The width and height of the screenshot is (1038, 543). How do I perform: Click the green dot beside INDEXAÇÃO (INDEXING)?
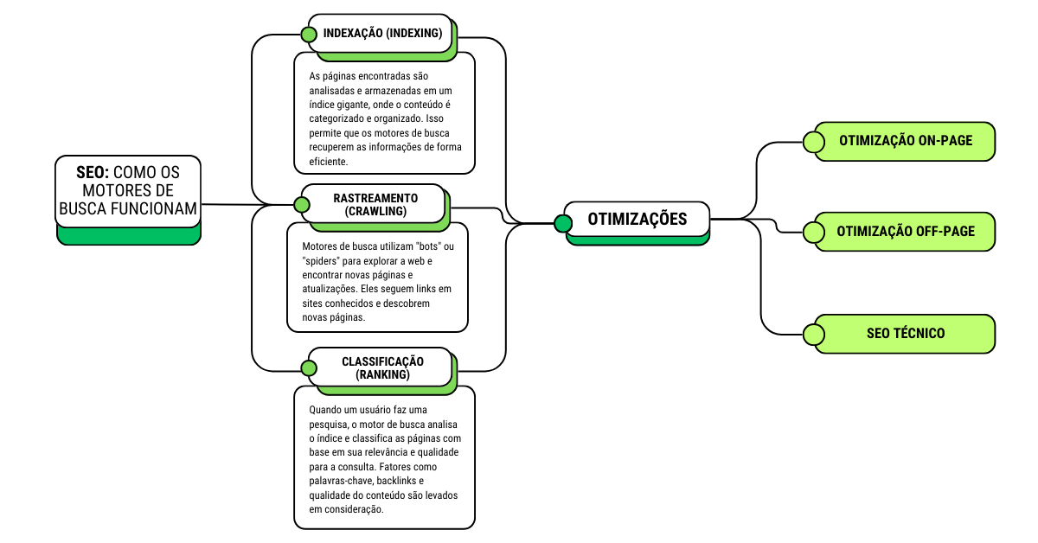coord(309,35)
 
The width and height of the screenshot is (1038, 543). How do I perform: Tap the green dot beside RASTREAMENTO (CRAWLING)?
coord(301,205)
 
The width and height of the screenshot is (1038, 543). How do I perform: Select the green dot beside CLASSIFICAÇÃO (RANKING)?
coord(309,368)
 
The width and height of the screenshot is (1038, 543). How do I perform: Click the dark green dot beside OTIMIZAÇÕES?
coord(563,224)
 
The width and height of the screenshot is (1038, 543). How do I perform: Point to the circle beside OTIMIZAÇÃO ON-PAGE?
coord(813,142)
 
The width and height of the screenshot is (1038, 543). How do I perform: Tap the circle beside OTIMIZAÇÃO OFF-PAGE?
coord(813,232)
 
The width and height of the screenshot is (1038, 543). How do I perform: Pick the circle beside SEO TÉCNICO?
coord(813,334)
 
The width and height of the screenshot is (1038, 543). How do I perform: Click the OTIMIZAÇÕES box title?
coord(638,219)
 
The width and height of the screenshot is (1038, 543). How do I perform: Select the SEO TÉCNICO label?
coord(906,334)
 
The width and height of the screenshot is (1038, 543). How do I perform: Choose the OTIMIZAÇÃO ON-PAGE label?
coord(906,141)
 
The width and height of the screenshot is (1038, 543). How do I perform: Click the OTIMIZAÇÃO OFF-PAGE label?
coord(906,232)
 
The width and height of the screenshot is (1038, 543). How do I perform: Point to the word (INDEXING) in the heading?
coord(412,34)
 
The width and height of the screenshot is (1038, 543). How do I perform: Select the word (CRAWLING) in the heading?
coord(375,211)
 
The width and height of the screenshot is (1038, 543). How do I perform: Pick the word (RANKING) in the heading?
coord(382,375)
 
